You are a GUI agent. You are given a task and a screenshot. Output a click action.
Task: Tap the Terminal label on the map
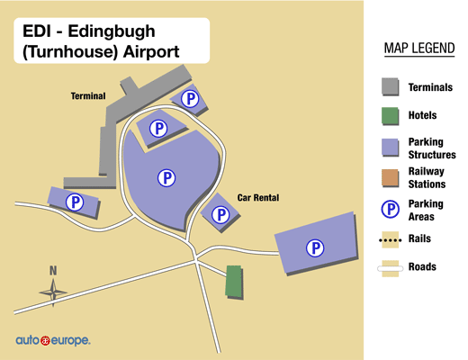[x=89, y=95]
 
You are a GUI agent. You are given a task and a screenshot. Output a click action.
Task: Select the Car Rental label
[x=257, y=197]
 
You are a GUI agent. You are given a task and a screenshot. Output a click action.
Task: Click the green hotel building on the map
[x=234, y=281]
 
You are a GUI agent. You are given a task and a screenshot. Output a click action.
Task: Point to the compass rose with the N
[x=53, y=287]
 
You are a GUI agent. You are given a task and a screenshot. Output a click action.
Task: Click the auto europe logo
[x=52, y=341]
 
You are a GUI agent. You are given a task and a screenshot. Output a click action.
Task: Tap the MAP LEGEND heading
[x=418, y=48]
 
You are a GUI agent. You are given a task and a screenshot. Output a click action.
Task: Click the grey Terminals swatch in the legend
[x=391, y=87]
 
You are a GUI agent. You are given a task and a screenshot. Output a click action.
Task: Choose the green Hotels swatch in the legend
[x=391, y=116]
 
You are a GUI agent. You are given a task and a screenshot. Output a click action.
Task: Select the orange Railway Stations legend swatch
[x=391, y=177]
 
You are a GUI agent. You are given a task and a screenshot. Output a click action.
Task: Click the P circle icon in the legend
[x=391, y=210]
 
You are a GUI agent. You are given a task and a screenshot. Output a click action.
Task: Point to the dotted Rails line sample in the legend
[x=391, y=239]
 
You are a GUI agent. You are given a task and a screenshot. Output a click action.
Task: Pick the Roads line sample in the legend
[x=391, y=267]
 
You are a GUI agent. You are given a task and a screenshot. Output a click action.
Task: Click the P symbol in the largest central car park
[x=166, y=177]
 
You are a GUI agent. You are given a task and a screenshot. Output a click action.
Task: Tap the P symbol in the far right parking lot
[x=315, y=247]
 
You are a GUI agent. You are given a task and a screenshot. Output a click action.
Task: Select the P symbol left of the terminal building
[x=76, y=203]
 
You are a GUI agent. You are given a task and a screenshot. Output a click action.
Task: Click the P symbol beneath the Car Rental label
[x=220, y=214]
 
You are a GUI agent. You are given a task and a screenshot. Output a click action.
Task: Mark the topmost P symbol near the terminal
[x=190, y=98]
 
